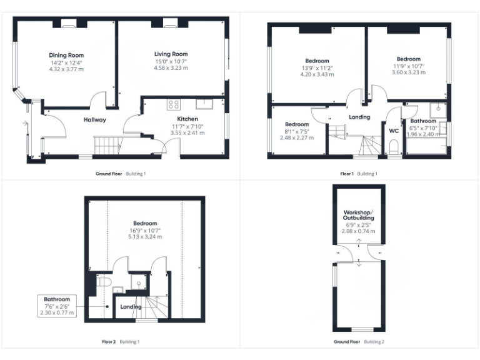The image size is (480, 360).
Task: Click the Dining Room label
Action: click(66, 54)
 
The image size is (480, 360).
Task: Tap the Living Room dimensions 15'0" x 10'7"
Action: click(171, 61)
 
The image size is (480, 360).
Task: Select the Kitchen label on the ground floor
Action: click(187, 119)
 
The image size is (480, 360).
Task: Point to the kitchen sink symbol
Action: click(204, 104)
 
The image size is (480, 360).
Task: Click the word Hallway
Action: click(95, 119)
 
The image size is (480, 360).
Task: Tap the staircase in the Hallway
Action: click(107, 147)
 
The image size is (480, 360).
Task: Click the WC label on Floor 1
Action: click(394, 131)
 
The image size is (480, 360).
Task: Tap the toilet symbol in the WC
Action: click(394, 147)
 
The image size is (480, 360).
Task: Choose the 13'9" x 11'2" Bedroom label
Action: click(317, 61)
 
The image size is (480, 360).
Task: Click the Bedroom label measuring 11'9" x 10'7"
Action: click(408, 59)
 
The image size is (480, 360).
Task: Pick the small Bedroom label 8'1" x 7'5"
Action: click(297, 124)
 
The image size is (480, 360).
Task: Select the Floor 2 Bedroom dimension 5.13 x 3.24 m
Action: click(144, 237)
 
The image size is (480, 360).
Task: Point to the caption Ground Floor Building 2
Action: click(359, 342)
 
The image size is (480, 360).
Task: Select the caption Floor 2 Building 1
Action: click(121, 342)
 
